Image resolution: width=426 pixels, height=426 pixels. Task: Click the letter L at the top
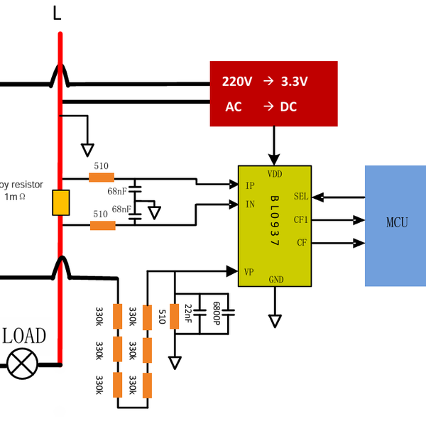pos(58,12)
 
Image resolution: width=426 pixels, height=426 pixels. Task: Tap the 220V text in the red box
pos(237,82)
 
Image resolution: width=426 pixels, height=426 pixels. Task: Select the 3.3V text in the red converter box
pos(294,82)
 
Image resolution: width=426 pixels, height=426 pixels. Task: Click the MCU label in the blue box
pos(397,223)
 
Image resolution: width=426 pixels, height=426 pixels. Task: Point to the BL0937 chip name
pos(275,220)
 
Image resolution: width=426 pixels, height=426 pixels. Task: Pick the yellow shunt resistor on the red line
pos(60,202)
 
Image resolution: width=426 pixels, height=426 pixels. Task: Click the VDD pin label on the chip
pos(275,173)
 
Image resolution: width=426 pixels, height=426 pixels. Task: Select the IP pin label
pos(250,186)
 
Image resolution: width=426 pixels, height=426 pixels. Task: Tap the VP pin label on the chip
pos(249,271)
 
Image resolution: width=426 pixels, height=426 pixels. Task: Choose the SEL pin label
pos(301,197)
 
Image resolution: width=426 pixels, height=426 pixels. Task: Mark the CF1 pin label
pos(300,220)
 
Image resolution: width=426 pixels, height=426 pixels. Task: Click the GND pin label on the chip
pos(275,280)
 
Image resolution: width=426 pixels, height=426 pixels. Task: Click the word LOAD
pos(24,337)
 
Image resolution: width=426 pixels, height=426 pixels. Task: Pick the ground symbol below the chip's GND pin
pos(275,321)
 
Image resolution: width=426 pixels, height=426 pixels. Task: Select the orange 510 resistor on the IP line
pos(102,177)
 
